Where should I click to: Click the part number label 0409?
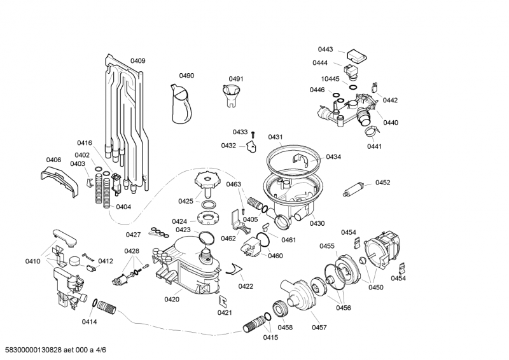coord(137,61)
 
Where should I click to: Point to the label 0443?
coord(326,49)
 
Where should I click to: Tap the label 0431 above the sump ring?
coord(275,137)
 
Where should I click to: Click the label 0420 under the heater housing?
coord(172,299)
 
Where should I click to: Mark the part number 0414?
coord(89,322)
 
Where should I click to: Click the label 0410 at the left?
coord(32,261)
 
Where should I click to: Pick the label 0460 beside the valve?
coord(275,256)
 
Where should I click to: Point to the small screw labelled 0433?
coord(252,134)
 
